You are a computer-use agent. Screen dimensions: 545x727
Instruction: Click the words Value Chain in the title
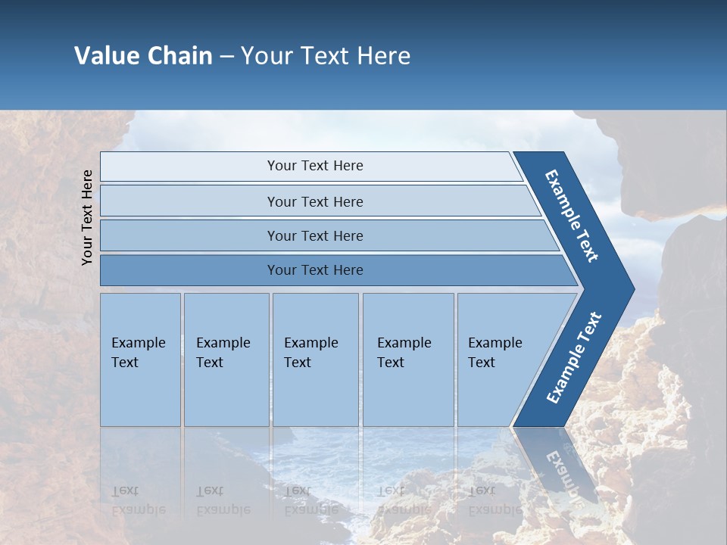(143, 56)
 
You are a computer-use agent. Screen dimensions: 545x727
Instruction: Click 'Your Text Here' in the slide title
(326, 56)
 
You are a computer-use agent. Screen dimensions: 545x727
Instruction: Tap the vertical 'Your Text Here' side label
(87, 217)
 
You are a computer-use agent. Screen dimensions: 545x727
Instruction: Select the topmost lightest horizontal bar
(189, 167)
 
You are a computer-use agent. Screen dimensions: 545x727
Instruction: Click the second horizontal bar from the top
(189, 201)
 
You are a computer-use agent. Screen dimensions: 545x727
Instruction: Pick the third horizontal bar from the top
(189, 235)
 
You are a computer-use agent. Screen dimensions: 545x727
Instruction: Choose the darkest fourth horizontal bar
(189, 270)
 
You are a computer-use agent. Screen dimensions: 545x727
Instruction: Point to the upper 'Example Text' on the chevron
(572, 216)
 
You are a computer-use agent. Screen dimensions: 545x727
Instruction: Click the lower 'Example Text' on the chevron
(573, 358)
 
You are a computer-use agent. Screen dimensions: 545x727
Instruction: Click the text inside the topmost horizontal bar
(315, 166)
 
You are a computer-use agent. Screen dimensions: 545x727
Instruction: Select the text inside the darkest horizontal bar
(315, 270)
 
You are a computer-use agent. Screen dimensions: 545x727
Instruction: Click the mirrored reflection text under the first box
(138, 500)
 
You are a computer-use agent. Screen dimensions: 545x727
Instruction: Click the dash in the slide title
(226, 57)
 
